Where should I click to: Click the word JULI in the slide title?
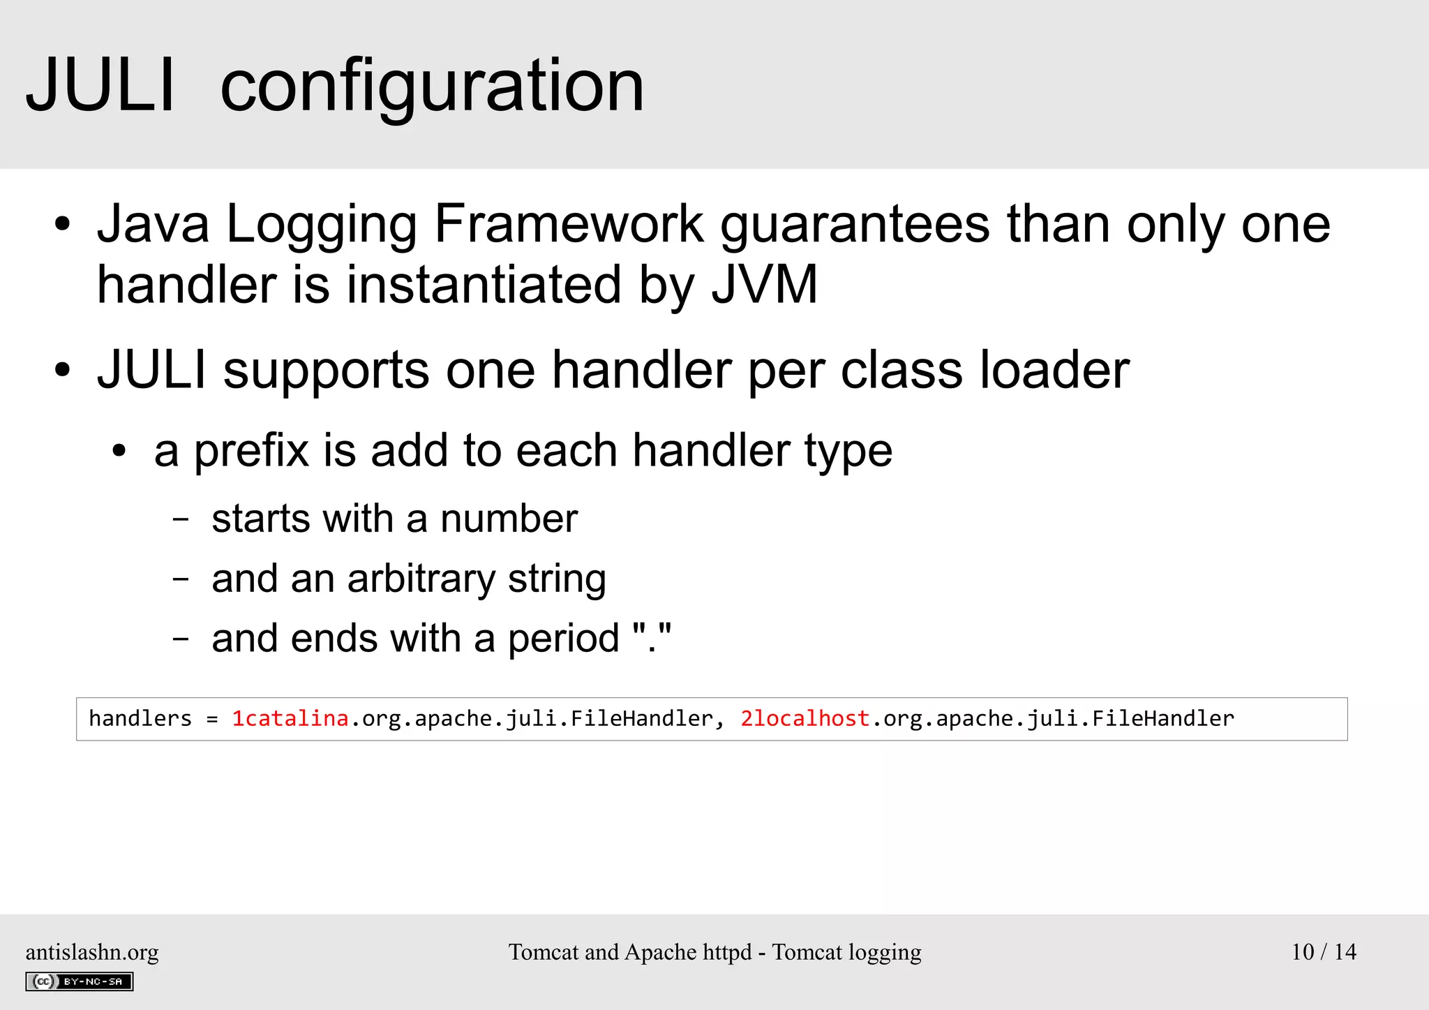click(x=100, y=86)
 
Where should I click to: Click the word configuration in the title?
click(x=432, y=87)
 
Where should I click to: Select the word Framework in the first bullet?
click(x=569, y=224)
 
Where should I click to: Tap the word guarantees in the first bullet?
click(x=855, y=225)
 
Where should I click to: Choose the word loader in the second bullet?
click(x=1054, y=369)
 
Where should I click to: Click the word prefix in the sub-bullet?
click(x=251, y=451)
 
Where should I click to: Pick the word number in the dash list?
click(x=509, y=519)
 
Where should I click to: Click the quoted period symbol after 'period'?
click(x=652, y=639)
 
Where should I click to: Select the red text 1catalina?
click(x=290, y=718)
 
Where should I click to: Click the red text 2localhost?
click(x=805, y=718)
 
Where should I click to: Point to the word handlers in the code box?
click(x=140, y=718)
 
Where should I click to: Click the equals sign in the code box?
click(x=212, y=719)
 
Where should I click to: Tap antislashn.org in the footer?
click(x=92, y=951)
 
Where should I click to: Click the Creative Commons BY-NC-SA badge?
click(x=80, y=981)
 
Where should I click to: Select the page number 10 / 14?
click(x=1324, y=951)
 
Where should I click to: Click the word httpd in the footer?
click(x=727, y=952)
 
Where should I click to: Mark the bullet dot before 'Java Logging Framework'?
click(x=63, y=225)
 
